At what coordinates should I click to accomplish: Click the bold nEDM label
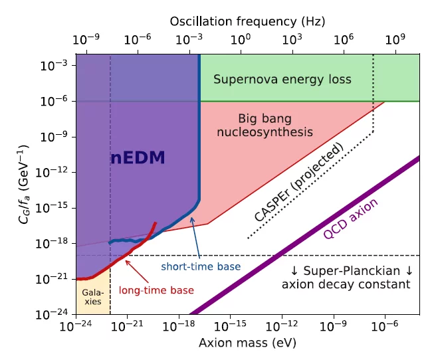click(x=137, y=157)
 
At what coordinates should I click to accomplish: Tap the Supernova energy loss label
click(x=282, y=80)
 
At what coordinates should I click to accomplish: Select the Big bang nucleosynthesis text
click(x=274, y=126)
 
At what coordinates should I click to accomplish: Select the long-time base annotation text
click(x=156, y=290)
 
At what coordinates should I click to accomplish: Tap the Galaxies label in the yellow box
click(x=92, y=296)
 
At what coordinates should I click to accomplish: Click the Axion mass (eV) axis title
click(x=247, y=343)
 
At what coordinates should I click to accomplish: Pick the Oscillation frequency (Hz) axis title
click(x=247, y=21)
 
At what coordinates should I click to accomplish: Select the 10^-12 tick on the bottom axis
click(x=281, y=326)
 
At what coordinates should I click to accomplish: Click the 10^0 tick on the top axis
click(x=241, y=39)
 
